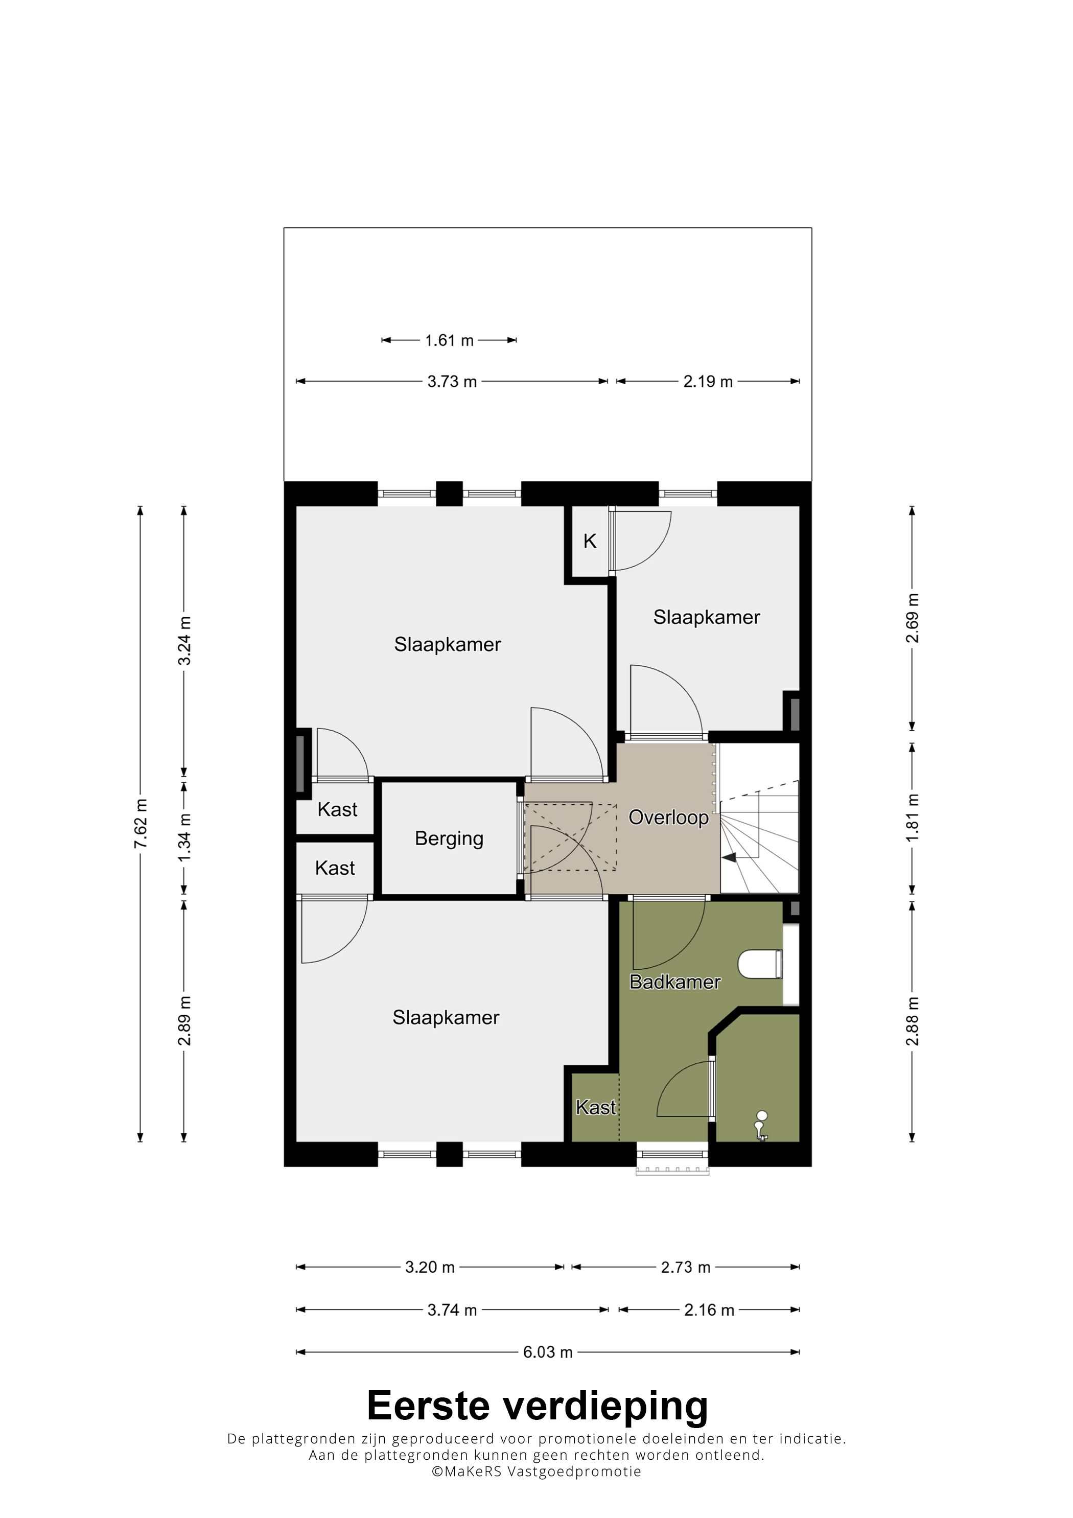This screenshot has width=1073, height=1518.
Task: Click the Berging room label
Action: (449, 839)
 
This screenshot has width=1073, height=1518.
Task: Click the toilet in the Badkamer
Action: (760, 964)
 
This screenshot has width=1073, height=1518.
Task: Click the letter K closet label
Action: (590, 541)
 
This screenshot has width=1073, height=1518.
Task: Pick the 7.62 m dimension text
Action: (140, 823)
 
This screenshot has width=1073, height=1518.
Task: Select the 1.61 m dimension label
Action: (450, 340)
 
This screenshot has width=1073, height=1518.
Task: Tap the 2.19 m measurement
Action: (708, 382)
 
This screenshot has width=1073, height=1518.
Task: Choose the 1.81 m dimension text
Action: (913, 818)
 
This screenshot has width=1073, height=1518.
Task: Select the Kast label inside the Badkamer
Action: (596, 1107)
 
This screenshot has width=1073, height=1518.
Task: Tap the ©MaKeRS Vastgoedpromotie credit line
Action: (536, 1472)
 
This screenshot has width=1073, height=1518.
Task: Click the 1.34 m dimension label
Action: (184, 837)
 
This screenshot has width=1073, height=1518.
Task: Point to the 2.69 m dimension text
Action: (913, 618)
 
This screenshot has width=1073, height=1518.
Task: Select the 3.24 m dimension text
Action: (184, 641)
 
